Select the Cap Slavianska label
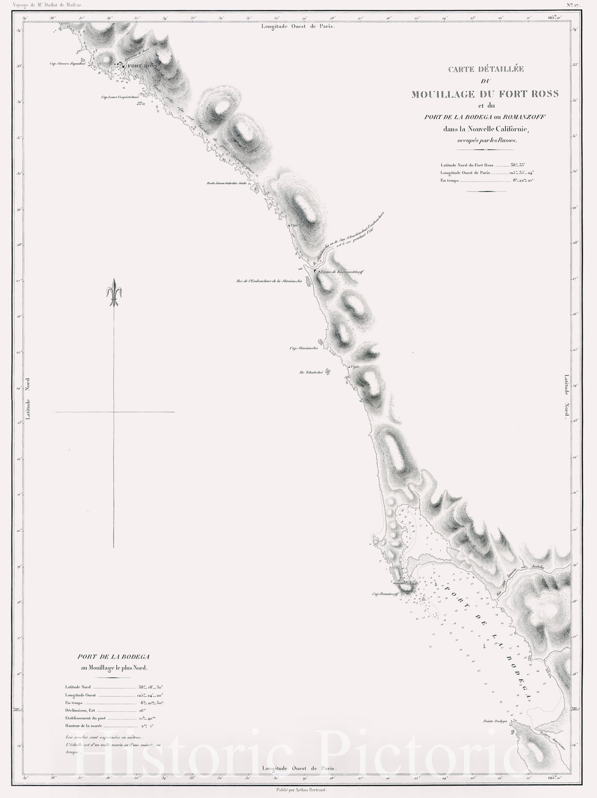tap(304, 349)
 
